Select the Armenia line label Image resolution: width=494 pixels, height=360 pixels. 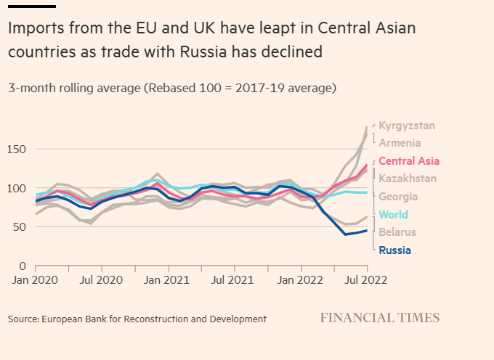pos(400,143)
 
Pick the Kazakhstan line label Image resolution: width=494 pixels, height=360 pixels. pos(408,179)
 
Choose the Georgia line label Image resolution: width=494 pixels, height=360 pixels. pos(398,197)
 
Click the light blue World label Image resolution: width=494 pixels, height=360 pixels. pos(394,215)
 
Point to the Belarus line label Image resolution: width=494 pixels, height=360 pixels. pos(397,232)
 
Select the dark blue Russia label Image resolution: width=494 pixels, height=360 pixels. pos(395,250)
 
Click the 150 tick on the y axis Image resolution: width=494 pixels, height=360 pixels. pos(17,150)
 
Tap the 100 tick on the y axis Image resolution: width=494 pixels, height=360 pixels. pos(17,188)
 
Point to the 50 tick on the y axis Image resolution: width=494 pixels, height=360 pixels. pos(20,227)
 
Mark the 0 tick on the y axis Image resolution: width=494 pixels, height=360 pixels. pos(23,266)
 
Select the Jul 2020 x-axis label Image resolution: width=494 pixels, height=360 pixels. pos(101,279)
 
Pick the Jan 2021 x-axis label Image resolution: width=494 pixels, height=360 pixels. pos(168,279)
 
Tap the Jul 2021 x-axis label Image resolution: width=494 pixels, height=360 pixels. pos(233,279)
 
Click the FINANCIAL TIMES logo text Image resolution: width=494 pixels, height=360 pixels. pos(380,318)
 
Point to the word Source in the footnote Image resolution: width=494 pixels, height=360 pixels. pos(23,319)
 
